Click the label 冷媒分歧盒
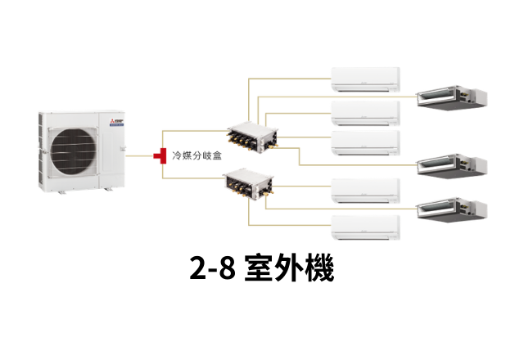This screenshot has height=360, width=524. pos(196,155)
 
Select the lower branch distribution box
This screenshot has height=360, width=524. pos(252,184)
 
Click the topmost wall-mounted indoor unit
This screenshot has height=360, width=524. pos(365,79)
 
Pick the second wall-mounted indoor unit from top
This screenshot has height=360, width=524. pos(365,111)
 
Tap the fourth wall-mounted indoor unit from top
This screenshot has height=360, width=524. pos(365,191)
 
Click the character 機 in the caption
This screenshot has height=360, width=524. pos(319,268)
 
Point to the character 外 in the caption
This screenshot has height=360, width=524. pos(290,268)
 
